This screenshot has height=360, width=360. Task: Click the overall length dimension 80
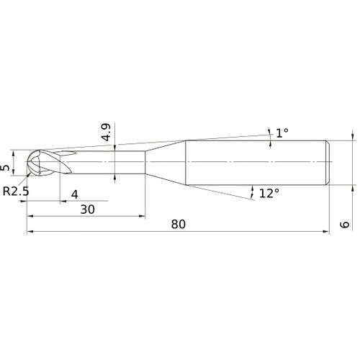(x=179, y=225)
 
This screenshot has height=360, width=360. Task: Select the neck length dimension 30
(x=87, y=210)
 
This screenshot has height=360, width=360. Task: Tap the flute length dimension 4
(x=75, y=194)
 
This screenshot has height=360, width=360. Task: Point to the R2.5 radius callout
(x=16, y=192)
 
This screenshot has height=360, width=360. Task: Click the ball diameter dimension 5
(x=5, y=168)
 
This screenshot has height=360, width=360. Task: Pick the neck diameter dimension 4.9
(x=106, y=132)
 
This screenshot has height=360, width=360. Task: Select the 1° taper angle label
(x=282, y=132)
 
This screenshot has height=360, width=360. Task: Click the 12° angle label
(x=269, y=193)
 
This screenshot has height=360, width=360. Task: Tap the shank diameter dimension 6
(x=345, y=225)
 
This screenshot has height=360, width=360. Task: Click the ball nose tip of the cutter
(x=27, y=162)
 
